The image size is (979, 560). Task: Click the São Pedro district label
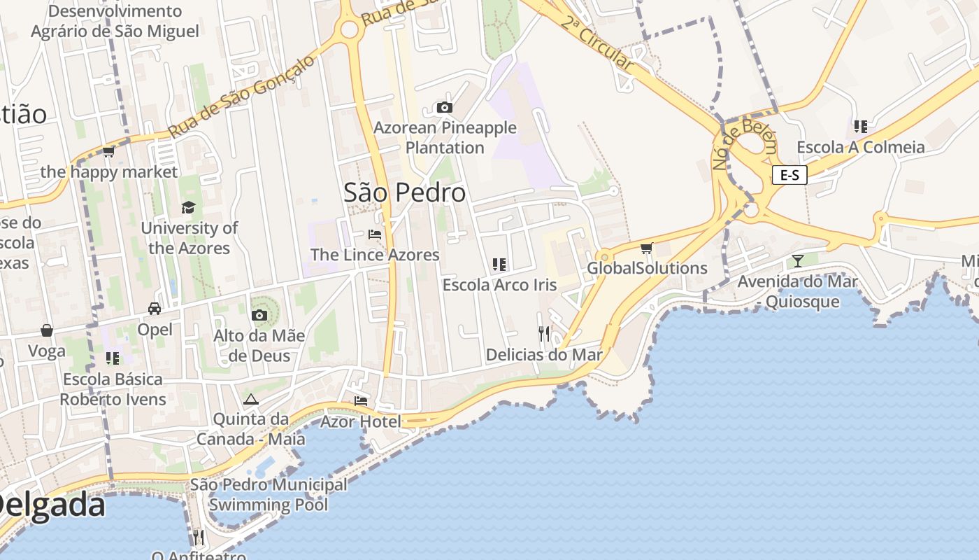[404, 192]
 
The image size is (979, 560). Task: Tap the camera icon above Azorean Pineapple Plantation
[444, 107]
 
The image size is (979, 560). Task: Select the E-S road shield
[789, 175]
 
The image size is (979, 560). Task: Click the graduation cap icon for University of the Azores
[188, 207]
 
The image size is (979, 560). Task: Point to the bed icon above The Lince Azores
[375, 234]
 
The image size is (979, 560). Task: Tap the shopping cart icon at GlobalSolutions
[647, 248]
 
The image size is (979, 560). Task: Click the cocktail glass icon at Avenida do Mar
[797, 261]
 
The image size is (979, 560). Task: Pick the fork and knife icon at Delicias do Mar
[544, 333]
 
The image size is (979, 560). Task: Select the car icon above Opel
[155, 308]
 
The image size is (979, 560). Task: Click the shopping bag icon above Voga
[47, 330]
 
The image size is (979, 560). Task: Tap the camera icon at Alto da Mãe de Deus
[259, 315]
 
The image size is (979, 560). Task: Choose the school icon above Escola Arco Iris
[499, 264]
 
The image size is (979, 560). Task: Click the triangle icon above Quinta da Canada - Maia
[250, 399]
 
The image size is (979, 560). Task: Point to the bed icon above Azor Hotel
[361, 400]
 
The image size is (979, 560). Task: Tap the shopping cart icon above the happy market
[108, 151]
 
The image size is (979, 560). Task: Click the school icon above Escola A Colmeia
[860, 127]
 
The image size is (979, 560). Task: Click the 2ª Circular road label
[596, 42]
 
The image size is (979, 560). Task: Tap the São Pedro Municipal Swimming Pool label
[269, 494]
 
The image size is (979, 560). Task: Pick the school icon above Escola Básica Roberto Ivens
[113, 358]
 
